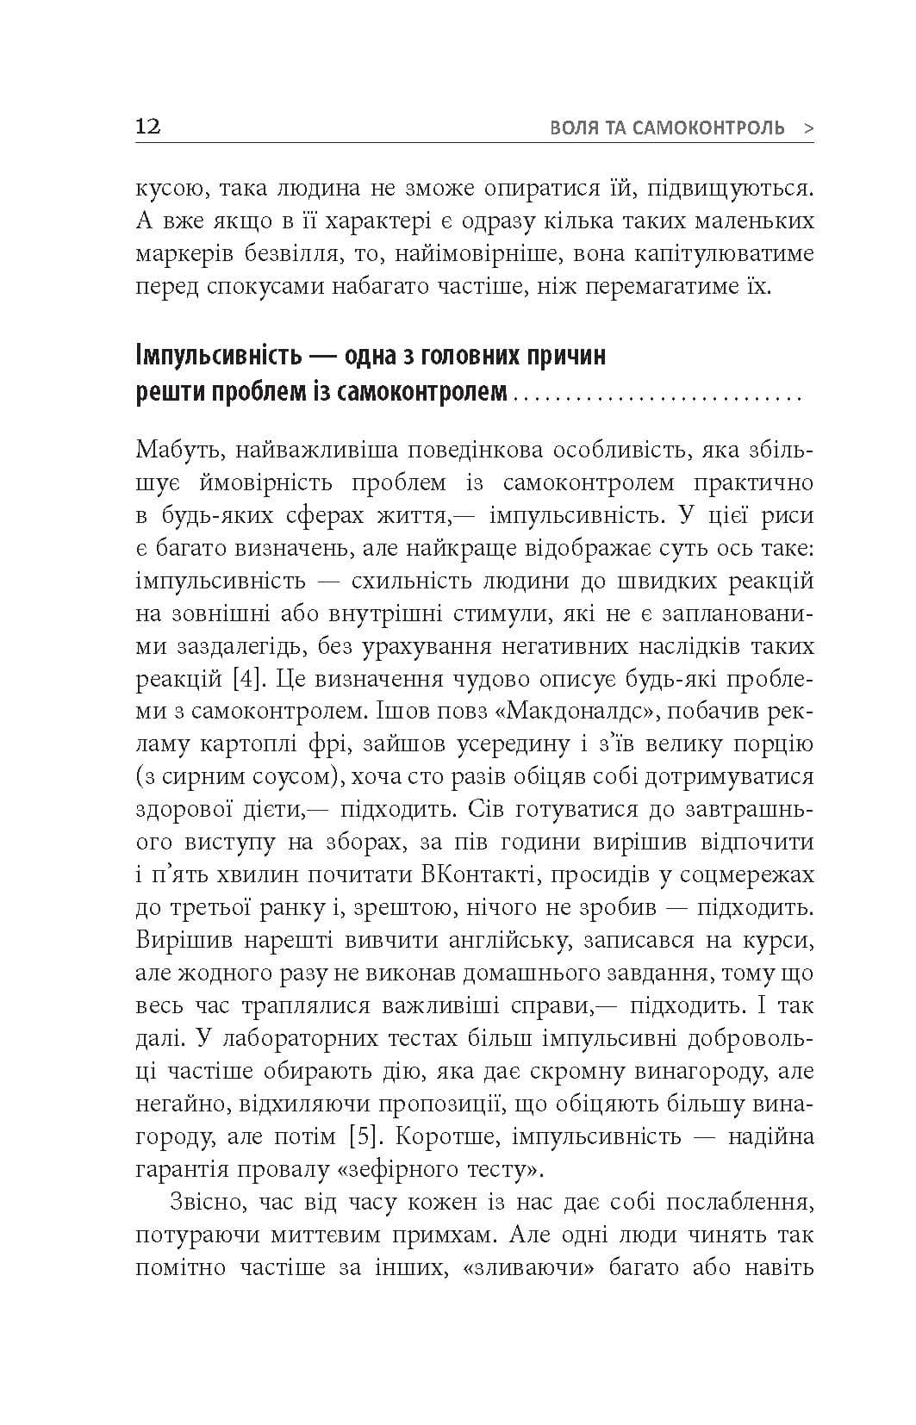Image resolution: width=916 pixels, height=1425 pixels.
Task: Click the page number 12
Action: (x=148, y=127)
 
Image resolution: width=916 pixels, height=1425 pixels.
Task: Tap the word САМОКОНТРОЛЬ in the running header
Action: (x=708, y=128)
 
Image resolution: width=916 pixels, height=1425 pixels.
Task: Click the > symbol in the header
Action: (x=807, y=128)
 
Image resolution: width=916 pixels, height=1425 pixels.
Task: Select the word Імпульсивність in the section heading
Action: (x=220, y=355)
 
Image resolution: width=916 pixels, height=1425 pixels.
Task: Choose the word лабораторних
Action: (x=301, y=1038)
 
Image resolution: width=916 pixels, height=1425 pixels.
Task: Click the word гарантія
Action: (x=188, y=1169)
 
